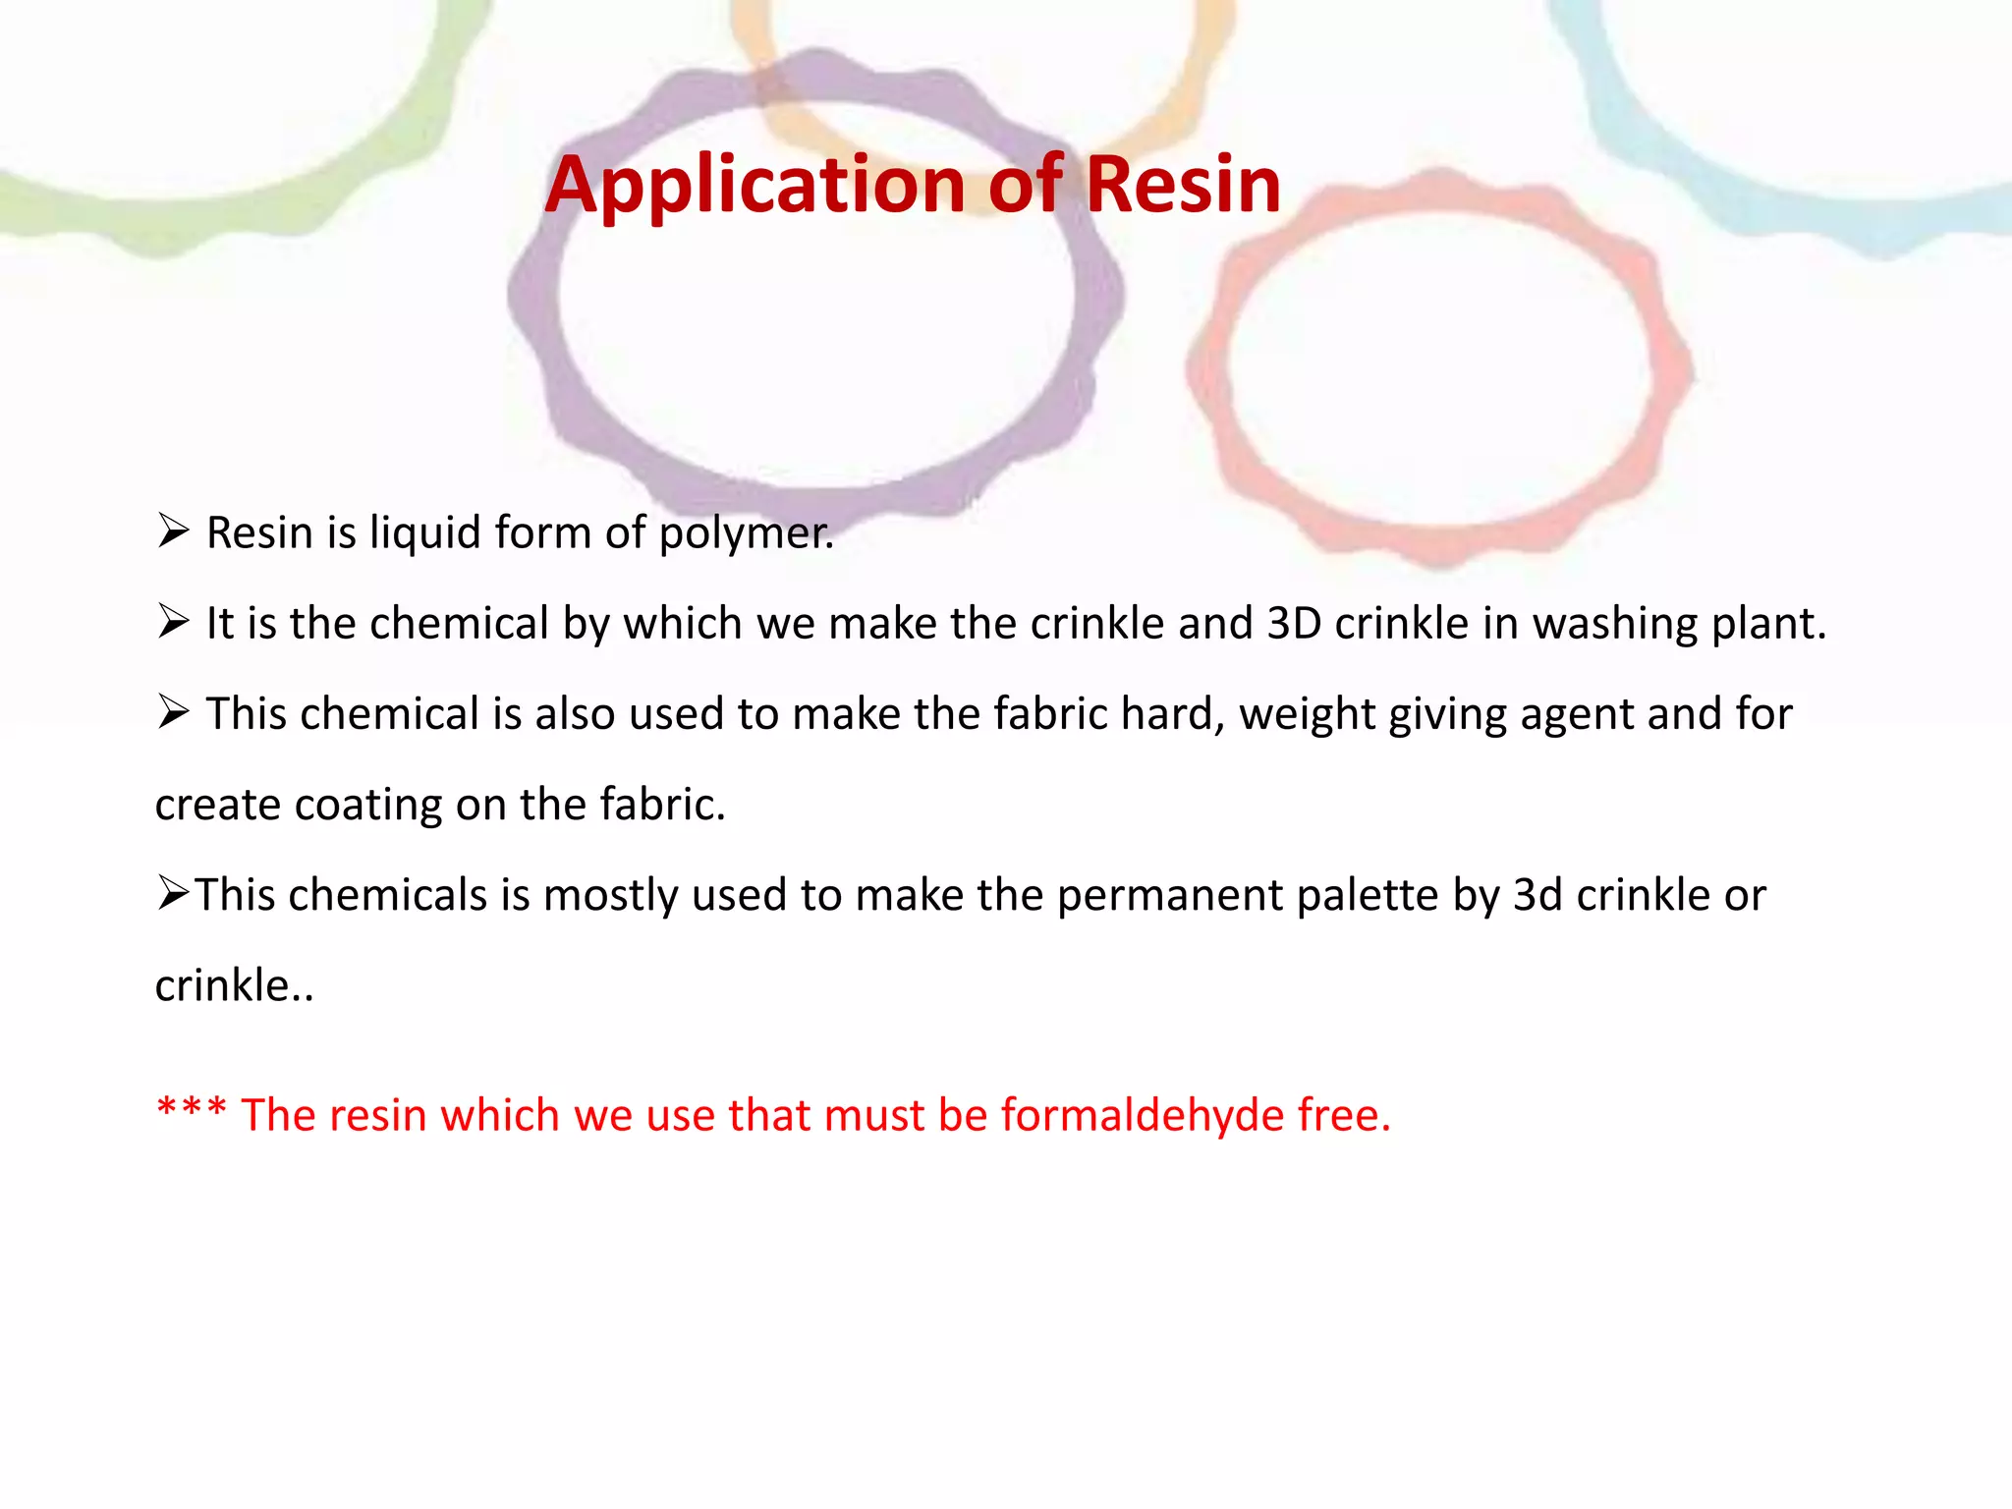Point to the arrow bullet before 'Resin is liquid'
(173, 531)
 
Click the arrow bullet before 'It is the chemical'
(173, 622)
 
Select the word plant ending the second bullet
(1768, 625)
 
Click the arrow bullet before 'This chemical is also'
(173, 712)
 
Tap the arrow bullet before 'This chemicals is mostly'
(173, 893)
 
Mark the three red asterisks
(192, 1110)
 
